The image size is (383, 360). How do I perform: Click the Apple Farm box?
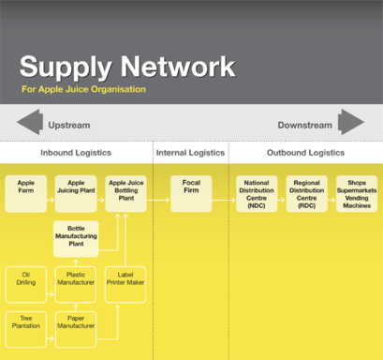[26, 194]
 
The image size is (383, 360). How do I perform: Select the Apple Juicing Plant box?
[76, 194]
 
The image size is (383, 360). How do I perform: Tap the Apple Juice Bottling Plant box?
[125, 194]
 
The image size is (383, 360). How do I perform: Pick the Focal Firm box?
[191, 194]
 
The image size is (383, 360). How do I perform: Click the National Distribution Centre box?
[257, 194]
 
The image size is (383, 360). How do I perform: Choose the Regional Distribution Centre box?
[307, 194]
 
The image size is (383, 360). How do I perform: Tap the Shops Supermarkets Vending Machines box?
[357, 194]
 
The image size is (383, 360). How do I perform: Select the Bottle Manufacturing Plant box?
[76, 239]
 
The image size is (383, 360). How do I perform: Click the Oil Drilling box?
[26, 284]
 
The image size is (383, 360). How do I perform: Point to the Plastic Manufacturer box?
[76, 284]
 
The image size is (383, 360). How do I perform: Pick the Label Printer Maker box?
[125, 284]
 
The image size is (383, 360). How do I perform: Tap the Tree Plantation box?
[26, 329]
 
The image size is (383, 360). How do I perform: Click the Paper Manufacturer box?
[76, 329]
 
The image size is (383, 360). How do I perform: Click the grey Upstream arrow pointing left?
[30, 122]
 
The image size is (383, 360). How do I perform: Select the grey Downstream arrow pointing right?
[351, 122]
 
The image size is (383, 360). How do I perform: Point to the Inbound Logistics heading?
[76, 153]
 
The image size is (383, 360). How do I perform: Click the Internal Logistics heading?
[190, 153]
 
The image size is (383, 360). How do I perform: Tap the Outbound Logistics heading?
[305, 153]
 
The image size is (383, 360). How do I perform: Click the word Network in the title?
[178, 67]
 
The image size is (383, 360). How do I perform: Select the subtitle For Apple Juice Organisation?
[83, 89]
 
